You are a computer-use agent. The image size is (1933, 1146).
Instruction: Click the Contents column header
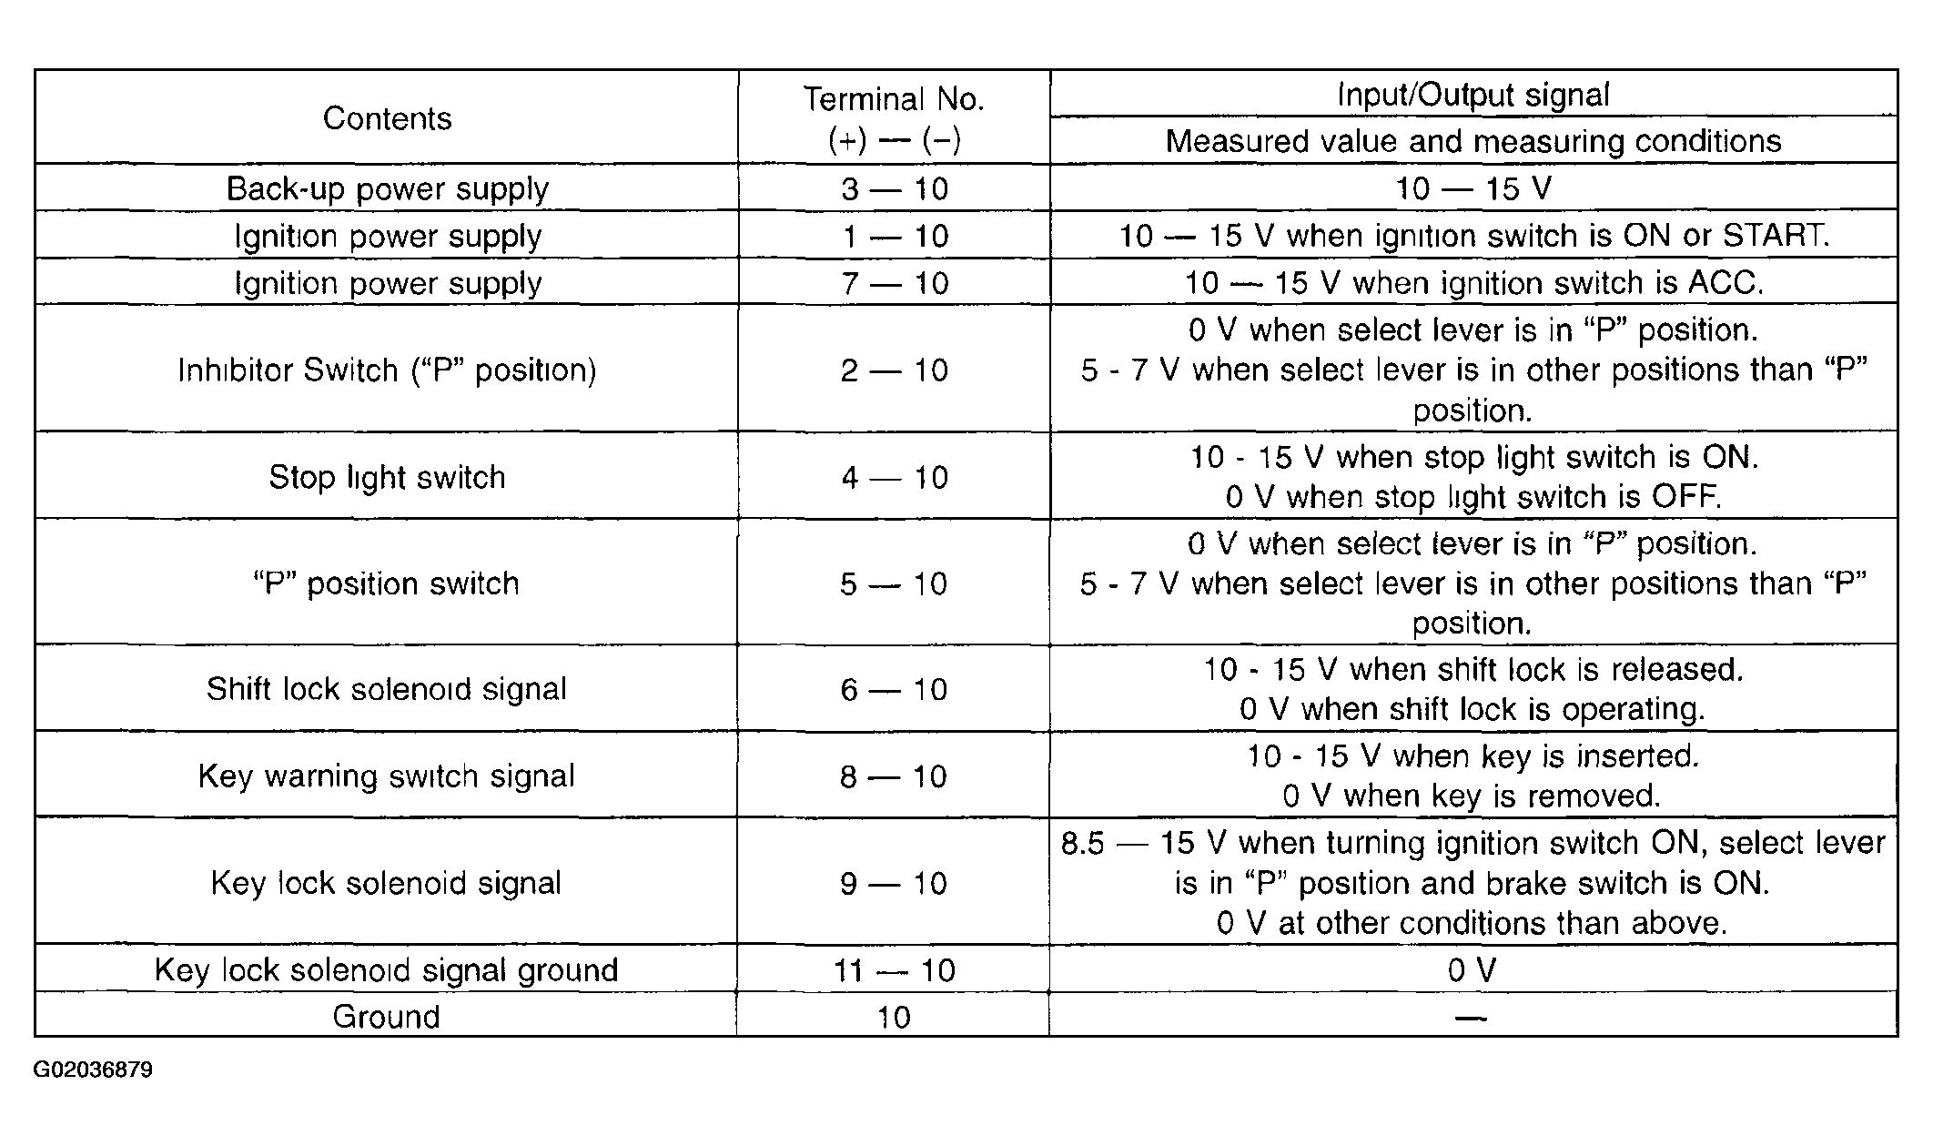point(387,118)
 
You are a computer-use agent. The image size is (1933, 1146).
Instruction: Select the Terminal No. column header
point(894,118)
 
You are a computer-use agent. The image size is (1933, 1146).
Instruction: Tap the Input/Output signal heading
point(1473,95)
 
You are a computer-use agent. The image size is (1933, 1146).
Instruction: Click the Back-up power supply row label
point(387,188)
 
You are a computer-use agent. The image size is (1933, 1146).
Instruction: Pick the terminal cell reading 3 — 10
point(894,188)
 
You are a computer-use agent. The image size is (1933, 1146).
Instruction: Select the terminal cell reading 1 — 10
point(894,236)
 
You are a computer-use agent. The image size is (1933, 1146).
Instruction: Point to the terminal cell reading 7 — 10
point(894,283)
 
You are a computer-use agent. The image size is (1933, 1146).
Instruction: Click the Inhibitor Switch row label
point(387,370)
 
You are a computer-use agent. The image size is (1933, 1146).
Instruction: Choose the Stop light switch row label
point(387,477)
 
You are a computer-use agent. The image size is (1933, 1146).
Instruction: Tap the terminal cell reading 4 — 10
point(894,477)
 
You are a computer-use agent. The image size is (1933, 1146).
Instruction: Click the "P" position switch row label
point(387,583)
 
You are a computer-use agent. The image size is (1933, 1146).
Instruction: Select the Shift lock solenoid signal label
point(387,689)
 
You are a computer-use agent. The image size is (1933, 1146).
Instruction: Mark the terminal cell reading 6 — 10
point(894,689)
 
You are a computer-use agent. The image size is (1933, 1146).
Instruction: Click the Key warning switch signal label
point(387,776)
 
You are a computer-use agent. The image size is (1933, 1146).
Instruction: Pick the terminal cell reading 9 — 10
point(894,883)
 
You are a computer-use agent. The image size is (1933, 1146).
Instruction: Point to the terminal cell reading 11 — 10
point(894,969)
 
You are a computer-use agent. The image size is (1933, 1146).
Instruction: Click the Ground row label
point(387,1016)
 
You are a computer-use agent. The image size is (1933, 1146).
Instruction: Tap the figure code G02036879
point(93,1070)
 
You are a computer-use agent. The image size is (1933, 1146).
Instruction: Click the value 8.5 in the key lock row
point(1082,843)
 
